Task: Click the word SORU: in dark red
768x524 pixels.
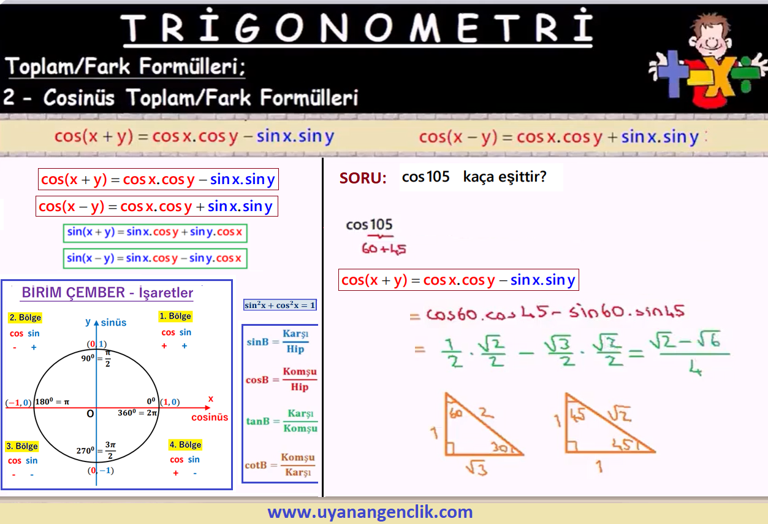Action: (x=363, y=178)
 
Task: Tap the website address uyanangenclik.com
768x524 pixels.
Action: (x=370, y=512)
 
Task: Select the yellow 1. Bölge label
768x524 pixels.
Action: (x=175, y=316)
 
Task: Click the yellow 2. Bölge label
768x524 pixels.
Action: (x=25, y=317)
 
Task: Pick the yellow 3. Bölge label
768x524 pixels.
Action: (x=22, y=446)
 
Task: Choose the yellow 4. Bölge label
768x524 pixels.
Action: (x=185, y=445)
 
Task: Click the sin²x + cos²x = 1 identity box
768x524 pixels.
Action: (x=279, y=305)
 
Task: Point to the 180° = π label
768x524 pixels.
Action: (x=52, y=401)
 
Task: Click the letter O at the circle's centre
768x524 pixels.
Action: (x=90, y=414)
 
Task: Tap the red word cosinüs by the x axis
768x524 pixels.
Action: (x=210, y=417)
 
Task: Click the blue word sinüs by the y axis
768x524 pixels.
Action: (x=113, y=323)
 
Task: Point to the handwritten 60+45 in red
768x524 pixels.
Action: (x=384, y=249)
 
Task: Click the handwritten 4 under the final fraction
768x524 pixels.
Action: (x=695, y=368)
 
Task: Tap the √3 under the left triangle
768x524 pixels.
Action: (x=477, y=468)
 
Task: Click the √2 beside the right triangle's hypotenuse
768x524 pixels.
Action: (x=619, y=413)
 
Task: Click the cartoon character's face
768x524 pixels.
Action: (x=710, y=39)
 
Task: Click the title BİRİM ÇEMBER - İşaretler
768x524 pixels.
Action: (x=107, y=293)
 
